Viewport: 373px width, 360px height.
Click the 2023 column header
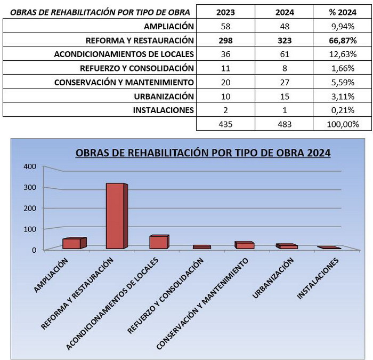pyautogui.click(x=225, y=12)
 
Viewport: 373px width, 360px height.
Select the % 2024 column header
pyautogui.click(x=343, y=12)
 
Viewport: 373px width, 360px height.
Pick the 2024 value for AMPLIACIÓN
pyautogui.click(x=285, y=26)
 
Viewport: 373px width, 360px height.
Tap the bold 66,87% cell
pyautogui.click(x=343, y=40)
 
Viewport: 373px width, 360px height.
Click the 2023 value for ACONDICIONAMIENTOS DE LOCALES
pyautogui.click(x=225, y=54)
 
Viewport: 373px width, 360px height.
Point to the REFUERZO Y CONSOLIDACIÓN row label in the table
pyautogui.click(x=137, y=68)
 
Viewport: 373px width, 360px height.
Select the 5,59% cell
pyautogui.click(x=343, y=82)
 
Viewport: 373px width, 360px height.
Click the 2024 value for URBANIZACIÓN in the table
pyautogui.click(x=285, y=97)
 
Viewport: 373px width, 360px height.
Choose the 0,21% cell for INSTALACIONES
pyautogui.click(x=343, y=110)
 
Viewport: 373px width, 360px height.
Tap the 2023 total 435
pyautogui.click(x=225, y=124)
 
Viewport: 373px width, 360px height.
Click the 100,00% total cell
pyautogui.click(x=343, y=124)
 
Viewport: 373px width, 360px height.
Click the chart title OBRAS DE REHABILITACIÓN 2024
pyautogui.click(x=203, y=153)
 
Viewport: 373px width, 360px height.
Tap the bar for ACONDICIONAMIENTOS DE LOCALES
pyautogui.click(x=159, y=242)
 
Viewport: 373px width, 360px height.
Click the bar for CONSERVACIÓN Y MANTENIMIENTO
pyautogui.click(x=244, y=245)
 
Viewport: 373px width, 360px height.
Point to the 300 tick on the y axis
pyautogui.click(x=30, y=187)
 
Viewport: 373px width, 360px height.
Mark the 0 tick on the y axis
pyautogui.click(x=34, y=250)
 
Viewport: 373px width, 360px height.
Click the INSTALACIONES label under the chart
pyautogui.click(x=318, y=278)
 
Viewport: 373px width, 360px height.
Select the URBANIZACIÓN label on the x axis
pyautogui.click(x=273, y=278)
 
